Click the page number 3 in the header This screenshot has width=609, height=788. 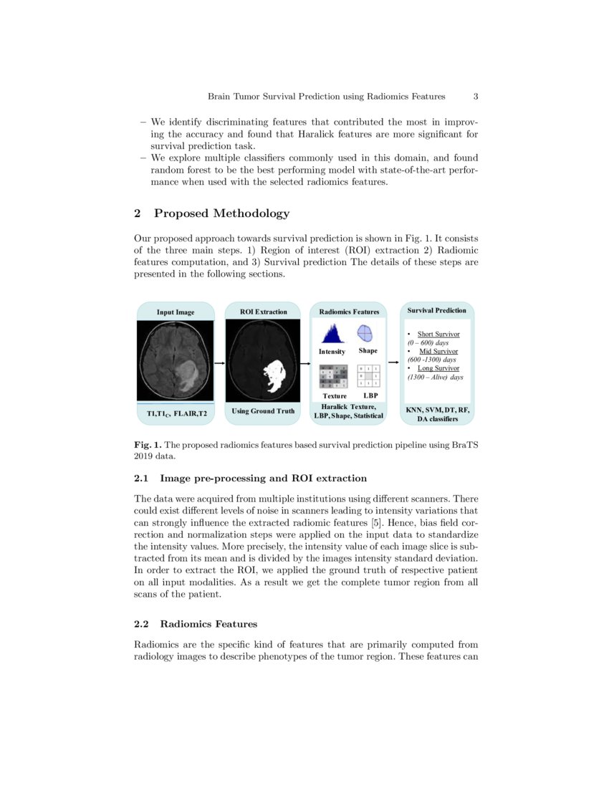476,96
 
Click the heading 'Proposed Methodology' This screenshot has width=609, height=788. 221,213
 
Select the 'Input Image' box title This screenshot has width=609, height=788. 176,312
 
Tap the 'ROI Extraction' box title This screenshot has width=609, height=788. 262,312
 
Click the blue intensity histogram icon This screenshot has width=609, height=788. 331,334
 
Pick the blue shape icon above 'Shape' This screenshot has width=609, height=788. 365,334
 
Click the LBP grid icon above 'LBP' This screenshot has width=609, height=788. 368,376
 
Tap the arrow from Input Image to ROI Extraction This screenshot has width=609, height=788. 219,363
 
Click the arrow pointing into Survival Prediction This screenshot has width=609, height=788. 393,363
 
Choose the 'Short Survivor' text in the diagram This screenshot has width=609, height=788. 438,334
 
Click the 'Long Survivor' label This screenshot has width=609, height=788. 438,368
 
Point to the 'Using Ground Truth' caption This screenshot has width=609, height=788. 263,411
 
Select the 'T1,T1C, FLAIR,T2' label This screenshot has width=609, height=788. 176,414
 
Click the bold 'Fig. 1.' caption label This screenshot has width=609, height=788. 148,445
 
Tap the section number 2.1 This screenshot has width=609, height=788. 142,479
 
